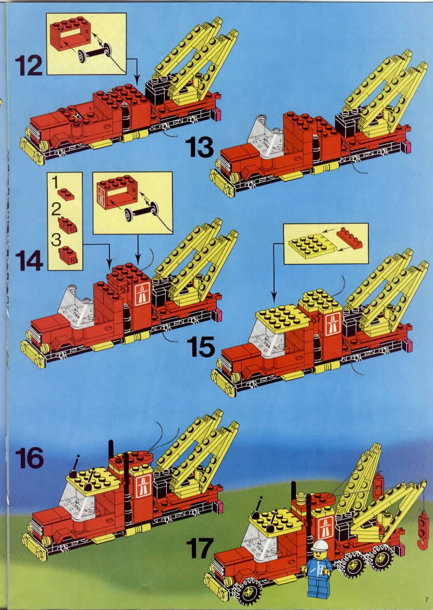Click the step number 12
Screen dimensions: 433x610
[x=29, y=65]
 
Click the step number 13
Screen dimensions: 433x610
[x=200, y=147]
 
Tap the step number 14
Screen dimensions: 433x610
[x=29, y=260]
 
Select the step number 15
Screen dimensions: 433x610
[x=201, y=347]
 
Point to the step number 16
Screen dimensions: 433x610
[x=29, y=458]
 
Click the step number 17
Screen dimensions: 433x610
[x=200, y=548]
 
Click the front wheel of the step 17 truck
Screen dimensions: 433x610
[x=247, y=590]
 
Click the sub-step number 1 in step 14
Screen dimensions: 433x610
[x=55, y=182]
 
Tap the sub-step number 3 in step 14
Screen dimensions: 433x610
[x=56, y=239]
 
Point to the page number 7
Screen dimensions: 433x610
[x=426, y=600]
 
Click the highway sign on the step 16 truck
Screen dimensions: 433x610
[x=143, y=486]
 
